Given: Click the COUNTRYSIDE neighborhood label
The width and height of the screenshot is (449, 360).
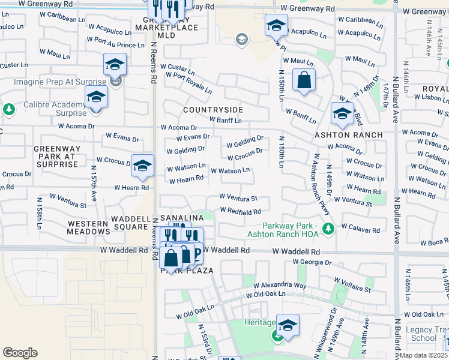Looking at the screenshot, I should [x=212, y=110].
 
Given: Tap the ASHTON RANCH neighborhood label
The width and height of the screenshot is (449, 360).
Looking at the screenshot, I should [x=349, y=135].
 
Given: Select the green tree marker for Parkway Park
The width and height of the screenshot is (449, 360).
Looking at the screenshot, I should [x=328, y=228].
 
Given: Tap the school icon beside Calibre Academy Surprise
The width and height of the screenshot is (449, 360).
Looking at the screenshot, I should [x=96, y=97].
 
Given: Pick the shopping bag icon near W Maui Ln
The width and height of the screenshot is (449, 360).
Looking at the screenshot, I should [x=304, y=80].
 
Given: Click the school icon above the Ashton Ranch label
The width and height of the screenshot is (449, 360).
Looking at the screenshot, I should [x=342, y=113].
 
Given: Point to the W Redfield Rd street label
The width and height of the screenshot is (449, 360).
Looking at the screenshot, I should [x=240, y=211].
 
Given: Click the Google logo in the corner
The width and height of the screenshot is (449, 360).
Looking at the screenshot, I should [x=20, y=353].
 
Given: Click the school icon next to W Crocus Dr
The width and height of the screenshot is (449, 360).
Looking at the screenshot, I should [x=142, y=167].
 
